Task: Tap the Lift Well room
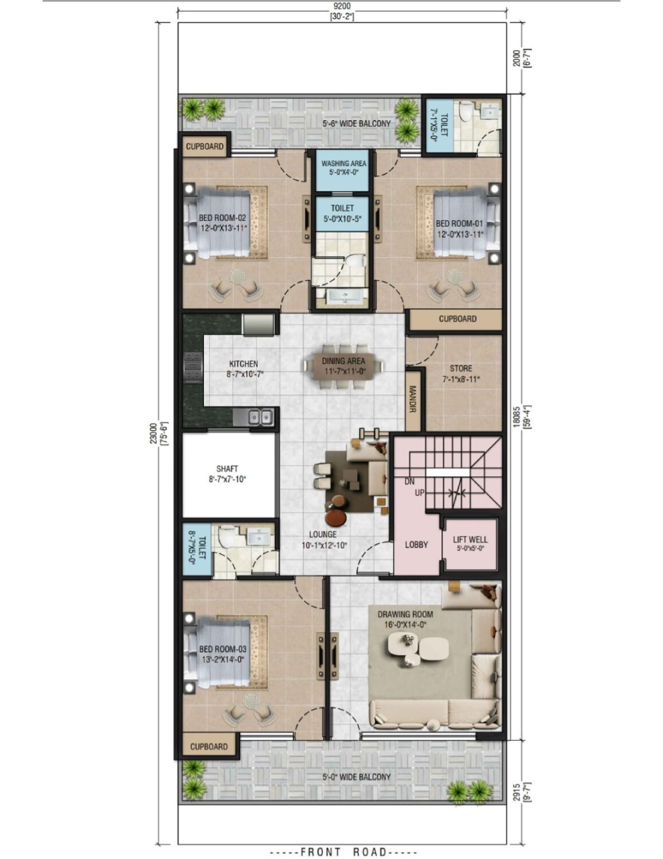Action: [x=470, y=543]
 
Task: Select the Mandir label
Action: [x=412, y=399]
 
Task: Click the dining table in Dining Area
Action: [x=343, y=367]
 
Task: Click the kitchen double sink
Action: [x=260, y=417]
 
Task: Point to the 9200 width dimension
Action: [x=342, y=6]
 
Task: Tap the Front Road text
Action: [x=343, y=851]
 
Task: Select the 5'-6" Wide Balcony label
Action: [x=356, y=123]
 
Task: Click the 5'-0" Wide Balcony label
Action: [x=356, y=776]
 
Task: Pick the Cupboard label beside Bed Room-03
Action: [x=209, y=746]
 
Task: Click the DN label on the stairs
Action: [x=409, y=482]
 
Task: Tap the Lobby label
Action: [x=416, y=544]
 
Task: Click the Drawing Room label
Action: [x=405, y=614]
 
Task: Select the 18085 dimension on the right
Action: [x=516, y=416]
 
